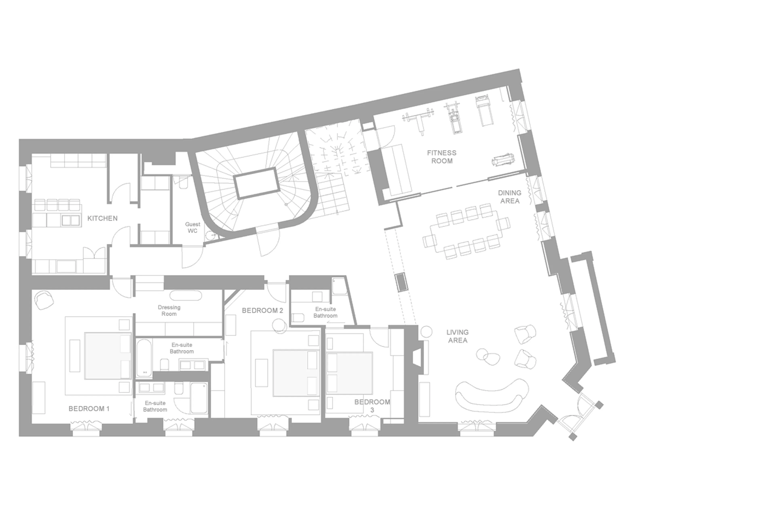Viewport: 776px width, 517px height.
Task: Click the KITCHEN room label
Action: point(102,218)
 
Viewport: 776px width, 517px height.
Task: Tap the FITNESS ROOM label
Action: point(442,157)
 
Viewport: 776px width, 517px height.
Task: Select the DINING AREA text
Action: point(509,197)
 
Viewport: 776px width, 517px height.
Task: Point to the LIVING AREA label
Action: point(458,336)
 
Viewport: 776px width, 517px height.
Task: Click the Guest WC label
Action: point(193,227)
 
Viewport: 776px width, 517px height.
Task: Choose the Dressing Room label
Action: point(169,311)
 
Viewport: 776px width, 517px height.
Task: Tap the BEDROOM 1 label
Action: point(89,409)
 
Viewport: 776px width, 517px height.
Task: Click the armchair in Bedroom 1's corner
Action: point(44,300)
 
